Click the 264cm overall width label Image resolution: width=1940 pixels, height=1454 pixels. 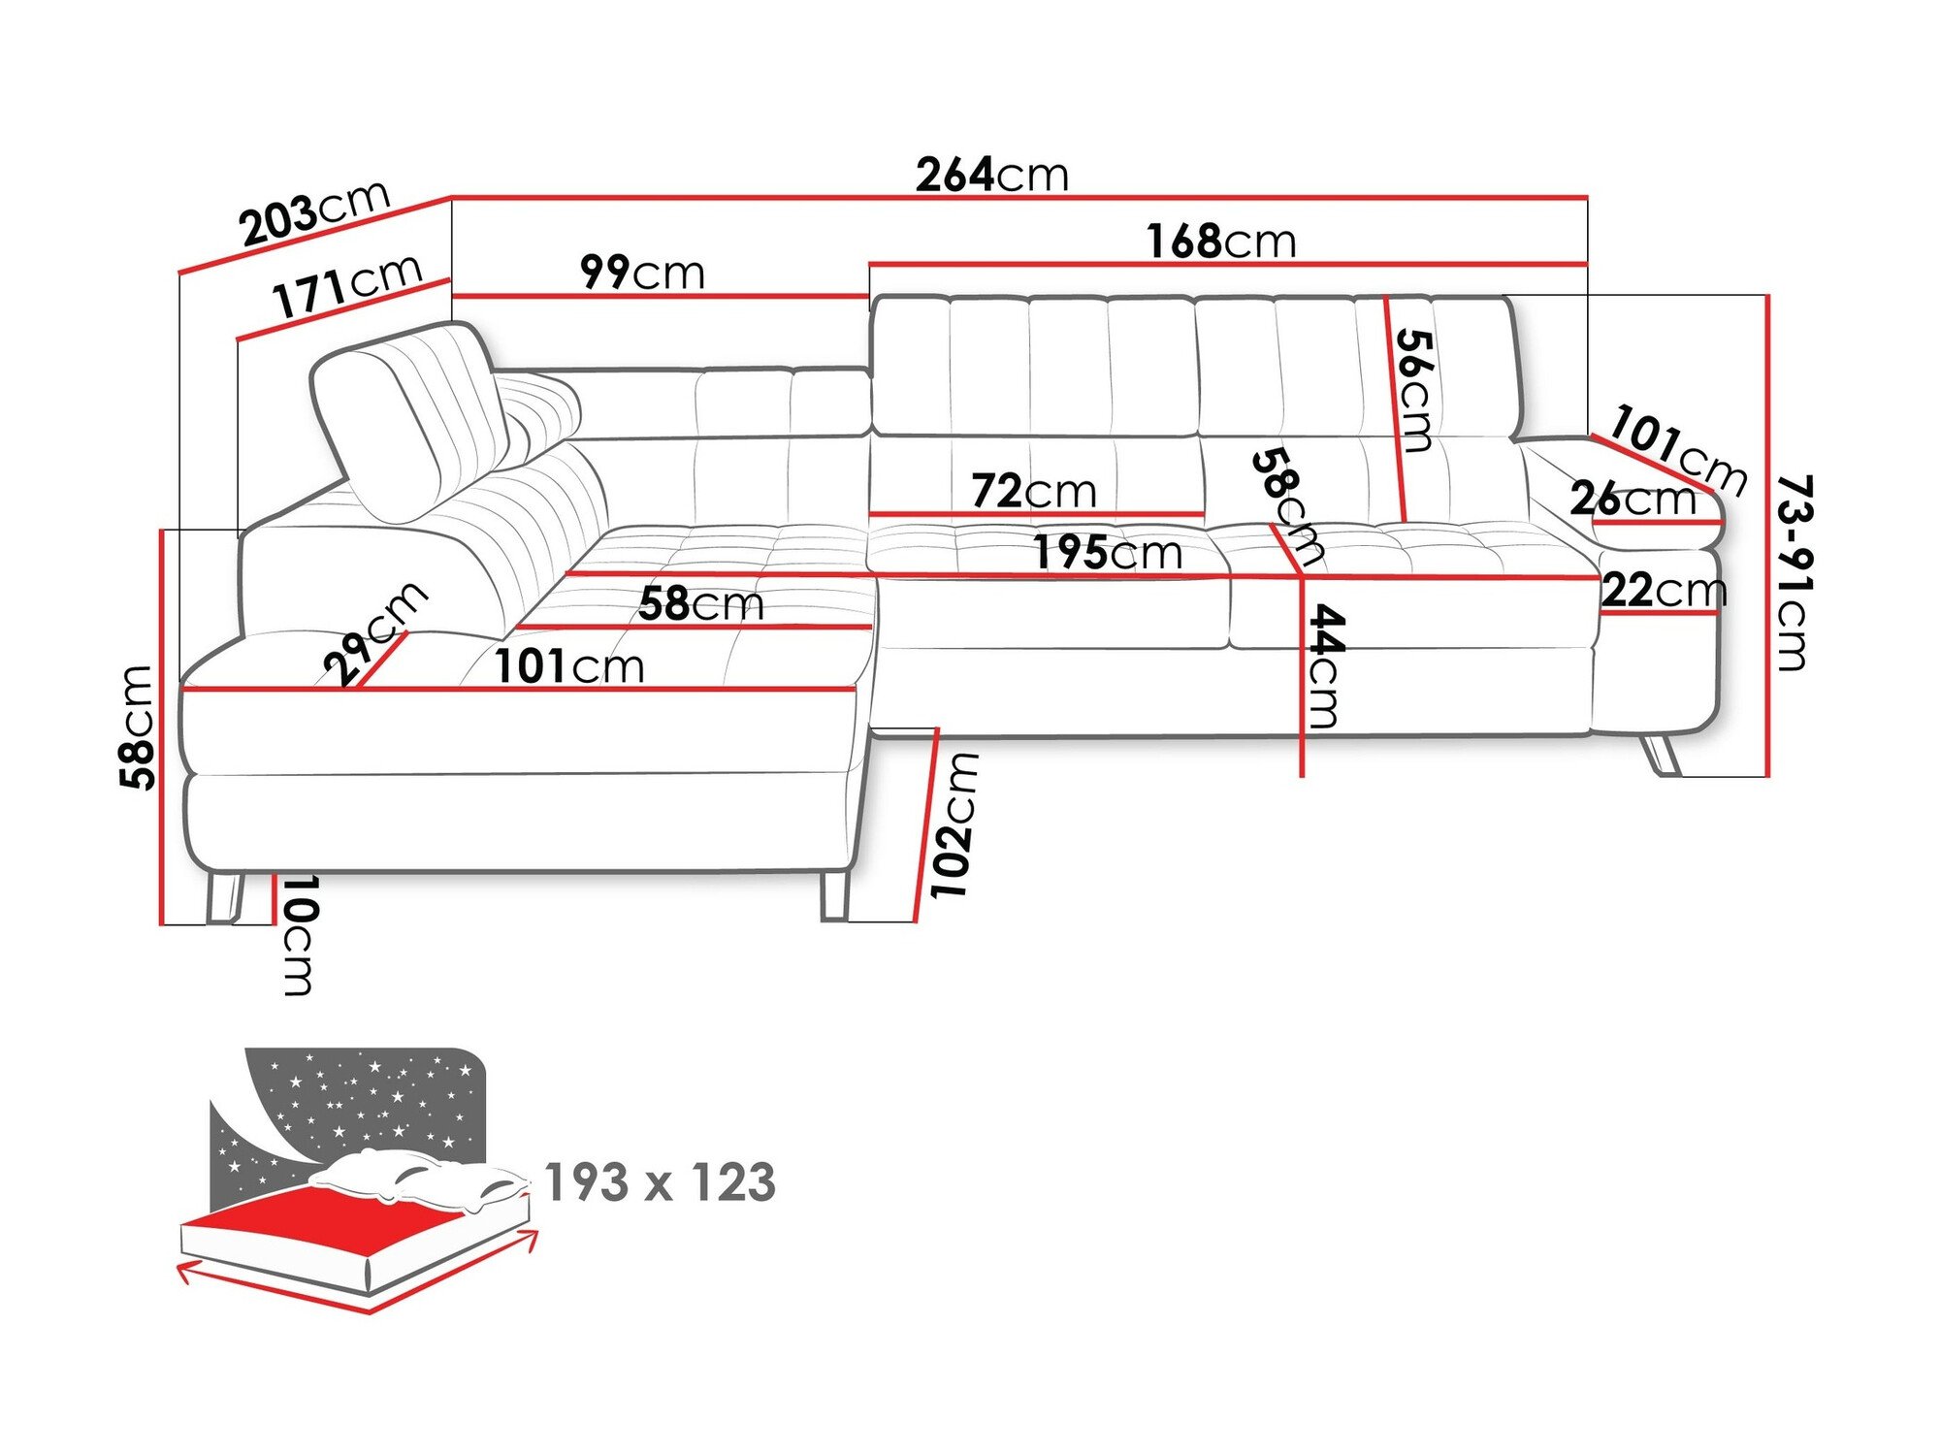pyautogui.click(x=991, y=175)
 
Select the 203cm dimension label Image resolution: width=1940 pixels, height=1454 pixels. pyautogui.click(x=315, y=213)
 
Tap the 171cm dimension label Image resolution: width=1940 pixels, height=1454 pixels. pyautogui.click(x=347, y=286)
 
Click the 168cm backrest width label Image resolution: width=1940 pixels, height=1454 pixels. pyautogui.click(x=1220, y=241)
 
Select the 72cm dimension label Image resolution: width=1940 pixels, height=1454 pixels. pyautogui.click(x=1033, y=491)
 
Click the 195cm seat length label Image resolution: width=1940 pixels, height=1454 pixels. pyautogui.click(x=1107, y=553)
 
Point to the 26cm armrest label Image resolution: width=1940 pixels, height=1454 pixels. pyautogui.click(x=1633, y=499)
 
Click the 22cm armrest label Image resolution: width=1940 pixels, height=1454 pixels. pyautogui.click(x=1663, y=590)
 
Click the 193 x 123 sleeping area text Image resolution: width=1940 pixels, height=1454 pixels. pyautogui.click(x=660, y=1182)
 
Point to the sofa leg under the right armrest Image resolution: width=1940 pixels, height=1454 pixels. pyautogui.click(x=1661, y=756)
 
